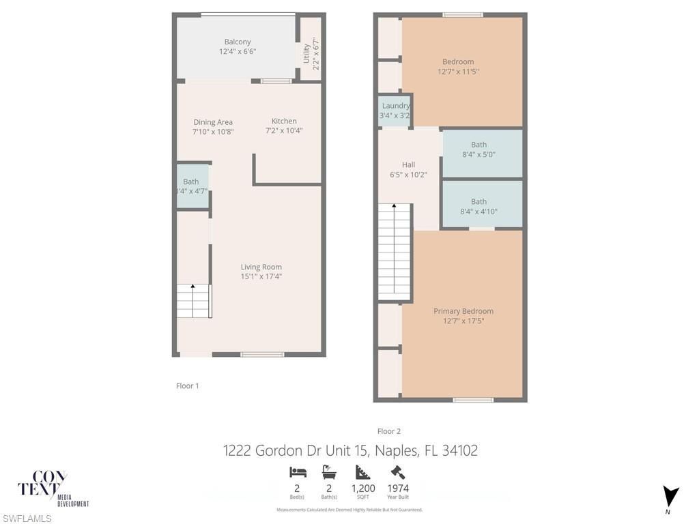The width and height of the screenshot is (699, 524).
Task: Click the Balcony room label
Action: coord(238,42)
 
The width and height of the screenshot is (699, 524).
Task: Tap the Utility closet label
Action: coord(306,54)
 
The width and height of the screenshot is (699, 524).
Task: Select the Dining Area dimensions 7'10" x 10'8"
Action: coord(213,132)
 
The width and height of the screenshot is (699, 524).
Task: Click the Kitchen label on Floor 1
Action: coord(284,121)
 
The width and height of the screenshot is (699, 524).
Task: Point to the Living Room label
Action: coord(261,267)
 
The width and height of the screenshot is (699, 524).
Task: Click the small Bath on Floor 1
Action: coord(191,186)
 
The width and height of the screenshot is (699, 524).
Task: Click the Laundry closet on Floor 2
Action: coord(395,111)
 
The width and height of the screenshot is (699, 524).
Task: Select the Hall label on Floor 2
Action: coord(408,164)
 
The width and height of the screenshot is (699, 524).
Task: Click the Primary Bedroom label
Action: coord(463,311)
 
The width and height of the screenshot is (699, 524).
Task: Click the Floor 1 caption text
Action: coord(188,385)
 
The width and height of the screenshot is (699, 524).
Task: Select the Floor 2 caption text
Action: coord(389,431)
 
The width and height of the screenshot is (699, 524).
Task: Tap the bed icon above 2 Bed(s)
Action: coord(298,472)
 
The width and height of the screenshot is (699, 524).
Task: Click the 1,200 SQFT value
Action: coord(363,489)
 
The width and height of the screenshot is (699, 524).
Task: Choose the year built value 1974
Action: coord(398,489)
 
